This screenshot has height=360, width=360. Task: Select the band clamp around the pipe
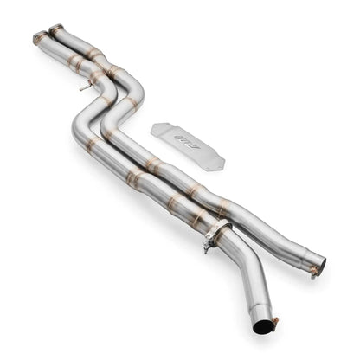click(218, 233)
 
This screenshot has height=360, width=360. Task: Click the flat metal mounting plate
click(187, 143)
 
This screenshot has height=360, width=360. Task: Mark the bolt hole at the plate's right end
click(216, 161)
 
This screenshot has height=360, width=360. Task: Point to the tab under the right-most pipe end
click(312, 273)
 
